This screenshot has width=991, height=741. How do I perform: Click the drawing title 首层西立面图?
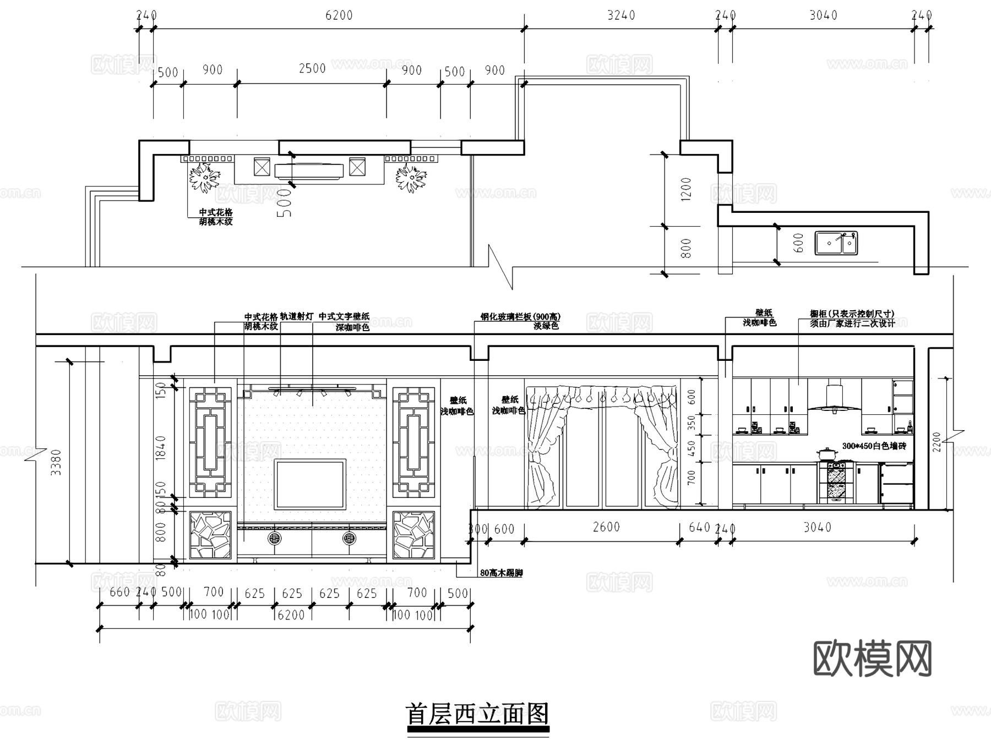tap(477, 714)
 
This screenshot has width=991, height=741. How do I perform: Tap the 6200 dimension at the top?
tap(339, 15)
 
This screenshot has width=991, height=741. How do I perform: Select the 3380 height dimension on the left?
tap(56, 462)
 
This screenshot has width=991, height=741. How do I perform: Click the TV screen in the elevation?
tap(311, 484)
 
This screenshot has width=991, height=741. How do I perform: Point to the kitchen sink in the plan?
tap(836, 243)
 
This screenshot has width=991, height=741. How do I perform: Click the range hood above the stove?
tap(834, 399)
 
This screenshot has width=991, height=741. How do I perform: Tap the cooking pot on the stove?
tap(828, 454)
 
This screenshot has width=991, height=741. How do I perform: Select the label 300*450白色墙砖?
tap(874, 446)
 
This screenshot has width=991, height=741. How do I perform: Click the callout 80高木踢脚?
tap(501, 573)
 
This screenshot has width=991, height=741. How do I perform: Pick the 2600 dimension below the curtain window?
tap(606, 527)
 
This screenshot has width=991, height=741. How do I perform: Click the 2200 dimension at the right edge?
tap(937, 442)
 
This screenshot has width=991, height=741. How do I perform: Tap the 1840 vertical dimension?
tap(161, 447)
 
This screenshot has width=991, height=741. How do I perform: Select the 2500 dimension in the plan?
tap(312, 69)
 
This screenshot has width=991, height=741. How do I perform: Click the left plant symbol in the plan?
tap(204, 177)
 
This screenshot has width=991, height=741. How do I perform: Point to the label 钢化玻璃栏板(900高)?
tap(520, 317)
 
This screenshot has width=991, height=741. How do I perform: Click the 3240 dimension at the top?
tap(621, 15)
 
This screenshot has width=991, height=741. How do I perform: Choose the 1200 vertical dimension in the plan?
tap(686, 189)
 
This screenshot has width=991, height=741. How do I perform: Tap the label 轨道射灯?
tap(297, 316)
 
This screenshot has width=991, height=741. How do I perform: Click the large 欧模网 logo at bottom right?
tap(873, 658)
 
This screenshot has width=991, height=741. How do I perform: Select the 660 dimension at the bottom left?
tap(119, 592)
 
